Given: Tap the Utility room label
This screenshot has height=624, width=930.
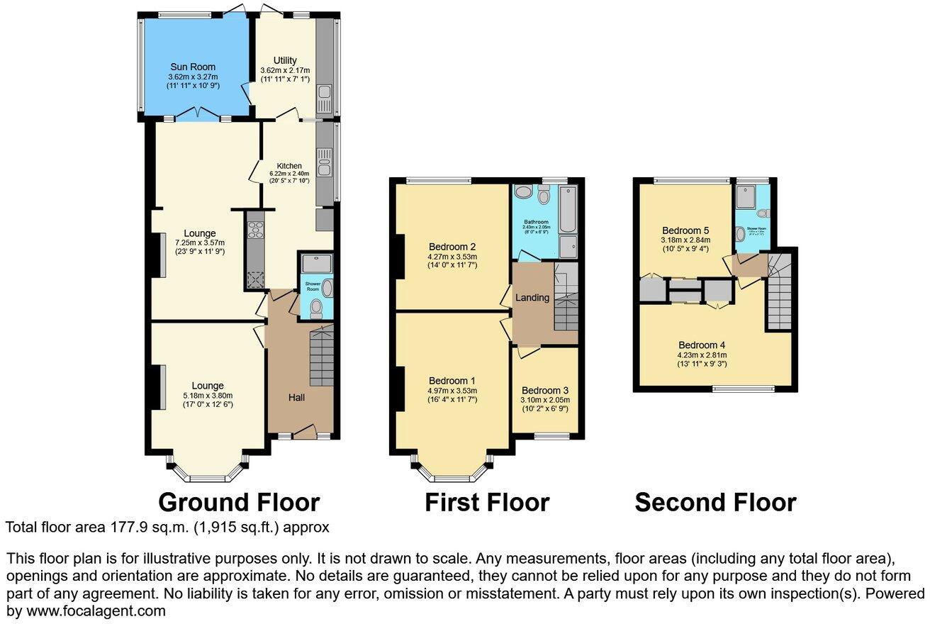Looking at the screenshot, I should (285, 60).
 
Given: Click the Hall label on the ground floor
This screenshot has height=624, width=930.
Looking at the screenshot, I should (296, 397).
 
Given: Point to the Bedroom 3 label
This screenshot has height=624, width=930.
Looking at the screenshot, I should (544, 390).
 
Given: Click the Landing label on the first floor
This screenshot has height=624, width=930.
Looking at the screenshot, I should (532, 298).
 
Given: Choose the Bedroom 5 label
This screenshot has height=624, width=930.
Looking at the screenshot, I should (685, 230).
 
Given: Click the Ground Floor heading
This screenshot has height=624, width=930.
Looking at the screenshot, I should (238, 502).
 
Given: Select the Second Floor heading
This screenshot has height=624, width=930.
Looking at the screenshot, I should (715, 502).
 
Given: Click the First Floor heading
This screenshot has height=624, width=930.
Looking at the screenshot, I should (487, 502).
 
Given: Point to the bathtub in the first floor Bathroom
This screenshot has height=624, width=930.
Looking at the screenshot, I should (568, 209).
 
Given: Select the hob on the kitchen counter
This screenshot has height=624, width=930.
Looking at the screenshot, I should (254, 230).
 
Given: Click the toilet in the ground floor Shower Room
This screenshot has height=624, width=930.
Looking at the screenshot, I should (316, 308).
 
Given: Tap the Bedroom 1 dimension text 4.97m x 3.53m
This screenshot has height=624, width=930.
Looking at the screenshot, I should (452, 390).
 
